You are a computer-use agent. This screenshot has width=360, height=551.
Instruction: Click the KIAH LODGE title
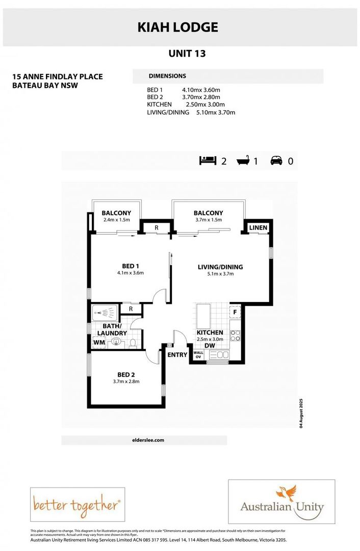(177, 27)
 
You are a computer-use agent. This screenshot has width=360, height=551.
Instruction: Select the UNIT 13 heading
(187, 53)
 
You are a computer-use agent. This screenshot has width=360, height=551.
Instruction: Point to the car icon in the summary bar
(277, 161)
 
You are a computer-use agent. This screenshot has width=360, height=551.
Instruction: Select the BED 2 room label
(125, 374)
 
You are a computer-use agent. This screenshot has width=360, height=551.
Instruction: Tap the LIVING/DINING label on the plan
(220, 267)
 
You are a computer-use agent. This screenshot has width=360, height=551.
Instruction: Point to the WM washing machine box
(99, 343)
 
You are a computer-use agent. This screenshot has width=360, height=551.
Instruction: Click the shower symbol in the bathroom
(105, 312)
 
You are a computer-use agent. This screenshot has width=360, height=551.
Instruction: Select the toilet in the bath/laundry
(133, 343)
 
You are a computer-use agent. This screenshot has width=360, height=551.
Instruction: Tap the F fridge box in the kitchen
(235, 311)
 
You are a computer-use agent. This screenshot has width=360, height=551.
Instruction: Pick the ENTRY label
(177, 355)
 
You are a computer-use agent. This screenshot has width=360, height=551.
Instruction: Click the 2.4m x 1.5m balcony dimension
(116, 220)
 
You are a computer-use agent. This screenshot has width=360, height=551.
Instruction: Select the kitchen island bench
(203, 317)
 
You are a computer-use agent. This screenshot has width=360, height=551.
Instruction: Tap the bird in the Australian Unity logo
(286, 493)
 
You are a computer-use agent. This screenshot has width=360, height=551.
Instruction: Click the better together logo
(78, 505)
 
